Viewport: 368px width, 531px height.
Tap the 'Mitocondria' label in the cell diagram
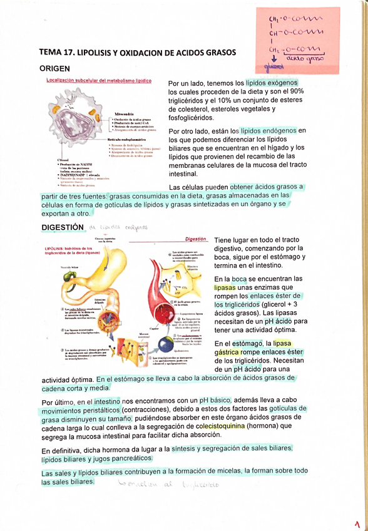click(x=121, y=115)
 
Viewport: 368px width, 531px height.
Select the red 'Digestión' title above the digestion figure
click(x=197, y=239)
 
